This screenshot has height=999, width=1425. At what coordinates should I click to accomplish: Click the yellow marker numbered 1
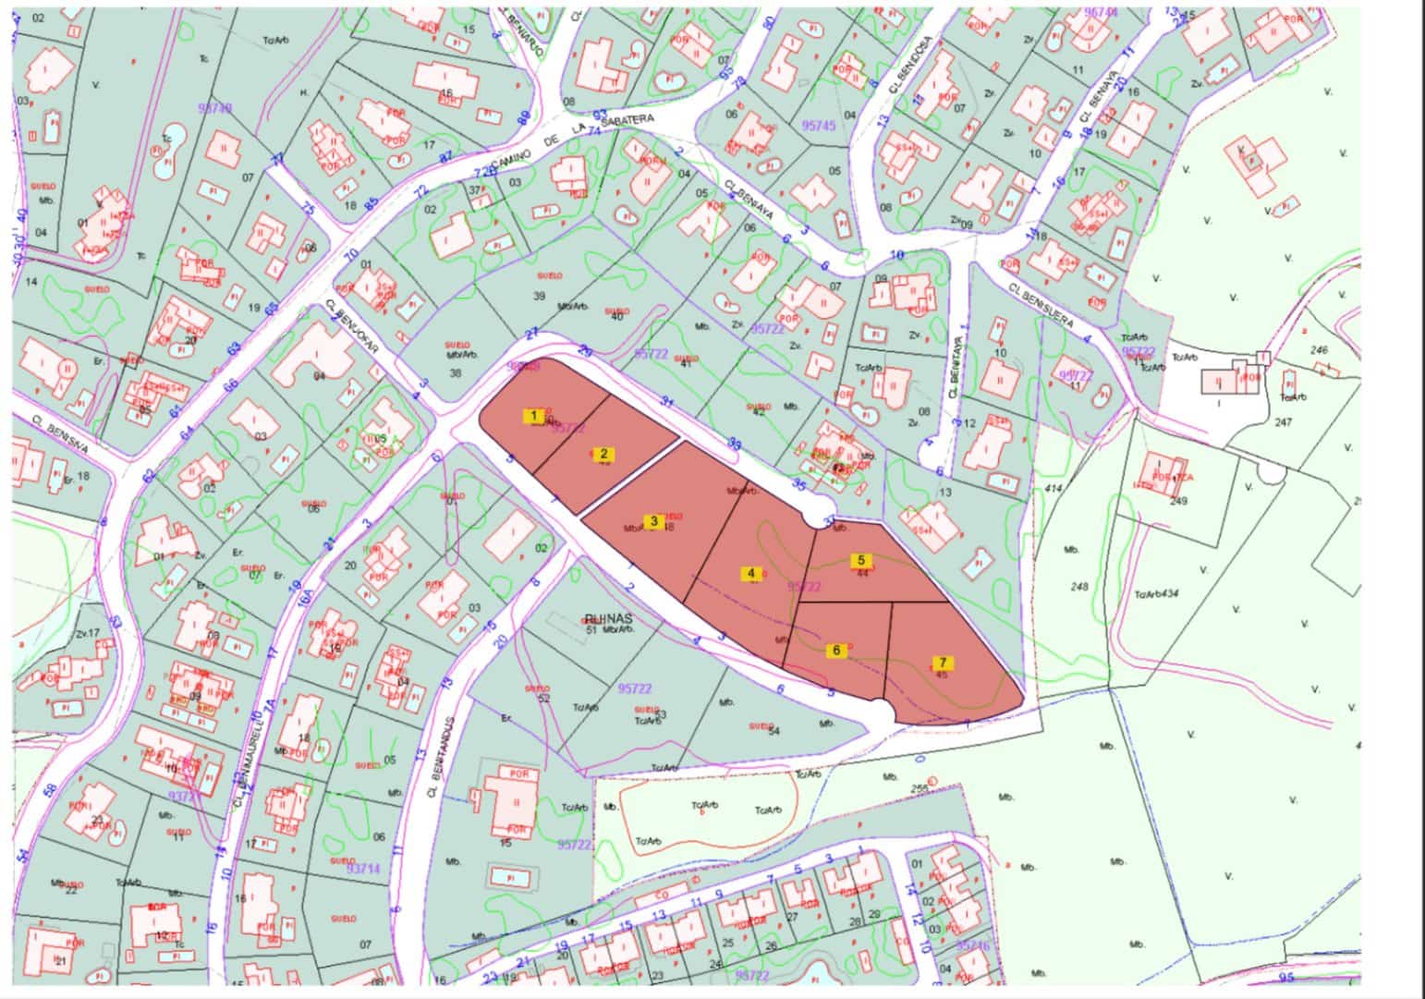(x=533, y=416)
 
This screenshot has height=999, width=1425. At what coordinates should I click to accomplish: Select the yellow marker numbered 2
(x=603, y=453)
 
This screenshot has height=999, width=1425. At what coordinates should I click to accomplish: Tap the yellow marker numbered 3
(x=654, y=521)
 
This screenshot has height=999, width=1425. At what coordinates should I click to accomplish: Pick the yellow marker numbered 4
(x=751, y=573)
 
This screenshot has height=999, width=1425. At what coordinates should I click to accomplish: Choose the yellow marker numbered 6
(x=836, y=650)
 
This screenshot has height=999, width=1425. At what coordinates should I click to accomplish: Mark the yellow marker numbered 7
(x=943, y=663)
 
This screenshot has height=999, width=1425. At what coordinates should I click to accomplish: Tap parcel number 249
(x=1178, y=501)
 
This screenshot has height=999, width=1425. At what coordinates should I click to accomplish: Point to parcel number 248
(x=1078, y=586)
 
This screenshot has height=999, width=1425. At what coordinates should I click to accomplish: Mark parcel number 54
(x=773, y=731)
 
